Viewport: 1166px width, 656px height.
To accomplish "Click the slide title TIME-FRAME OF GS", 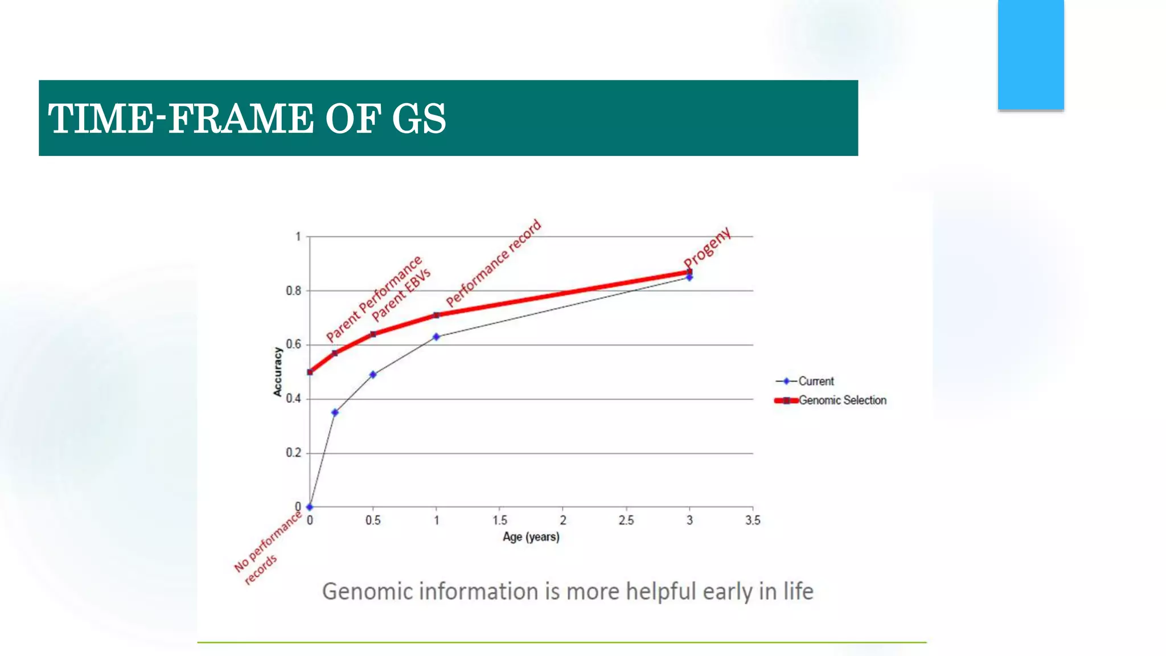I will click(x=247, y=119).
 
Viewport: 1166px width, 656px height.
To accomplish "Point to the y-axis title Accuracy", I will click(x=277, y=372).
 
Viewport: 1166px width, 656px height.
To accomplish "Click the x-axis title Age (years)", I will click(x=531, y=537).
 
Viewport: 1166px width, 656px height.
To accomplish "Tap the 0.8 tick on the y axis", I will click(x=293, y=291).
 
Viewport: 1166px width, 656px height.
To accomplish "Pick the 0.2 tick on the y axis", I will click(x=293, y=453).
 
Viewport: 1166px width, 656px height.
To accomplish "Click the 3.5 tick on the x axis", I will click(x=752, y=520).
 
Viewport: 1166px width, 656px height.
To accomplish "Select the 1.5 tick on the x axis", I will click(x=499, y=520).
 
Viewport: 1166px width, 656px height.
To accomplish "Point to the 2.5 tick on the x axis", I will click(x=626, y=520).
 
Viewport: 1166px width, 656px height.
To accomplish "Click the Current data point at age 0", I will click(x=310, y=507).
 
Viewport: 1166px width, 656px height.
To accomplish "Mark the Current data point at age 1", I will click(x=436, y=337).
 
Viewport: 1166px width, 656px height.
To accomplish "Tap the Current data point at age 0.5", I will click(x=373, y=375).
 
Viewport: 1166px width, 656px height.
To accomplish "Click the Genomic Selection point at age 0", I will click(x=310, y=372).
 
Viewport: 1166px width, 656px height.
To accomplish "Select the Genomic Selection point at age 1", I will click(x=436, y=315).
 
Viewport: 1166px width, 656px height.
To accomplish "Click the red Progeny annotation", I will click(x=707, y=247).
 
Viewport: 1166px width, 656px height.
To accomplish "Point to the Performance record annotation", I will click(x=494, y=263).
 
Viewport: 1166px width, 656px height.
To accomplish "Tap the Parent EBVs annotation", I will click(x=401, y=294).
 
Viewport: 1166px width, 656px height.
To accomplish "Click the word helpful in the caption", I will click(x=661, y=592).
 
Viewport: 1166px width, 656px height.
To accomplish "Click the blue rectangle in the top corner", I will click(x=1030, y=54).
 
